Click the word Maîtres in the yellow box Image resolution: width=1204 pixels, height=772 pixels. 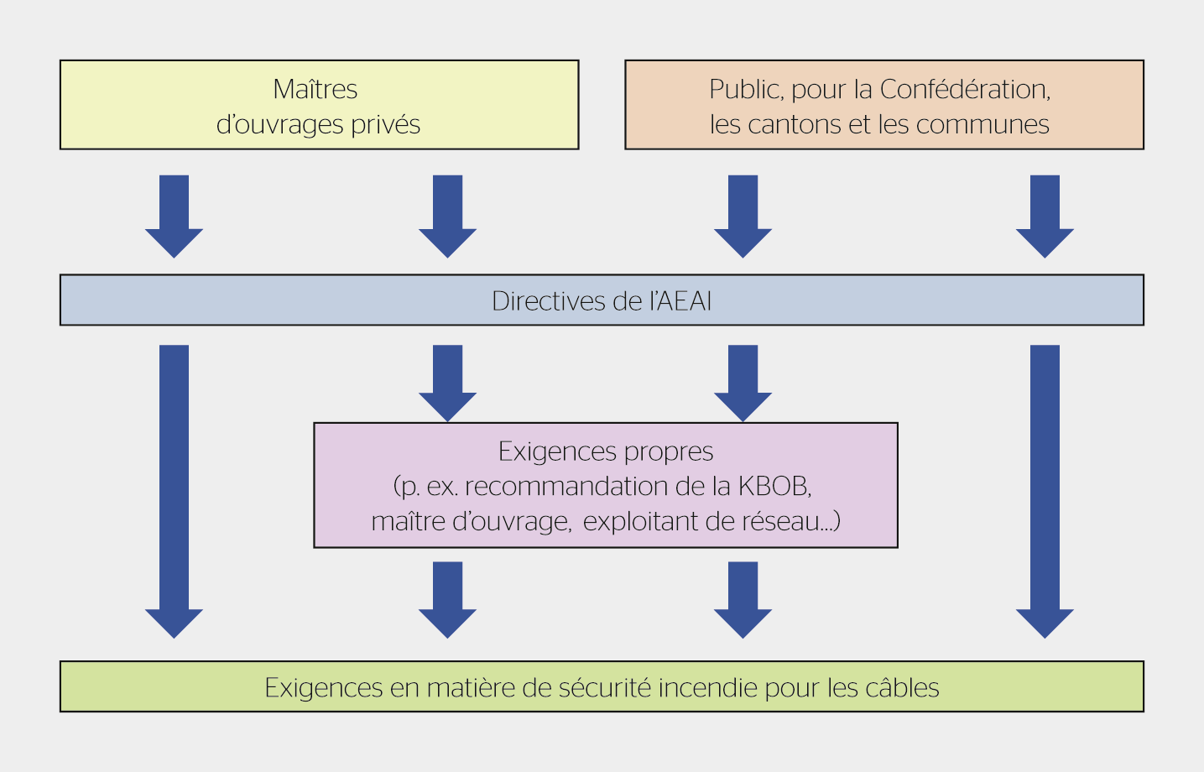(x=315, y=89)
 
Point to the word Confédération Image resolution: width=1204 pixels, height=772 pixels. (x=965, y=89)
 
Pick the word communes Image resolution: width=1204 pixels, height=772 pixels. (x=982, y=125)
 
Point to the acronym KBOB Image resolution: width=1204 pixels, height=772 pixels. (x=774, y=487)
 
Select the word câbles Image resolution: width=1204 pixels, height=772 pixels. (x=902, y=688)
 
